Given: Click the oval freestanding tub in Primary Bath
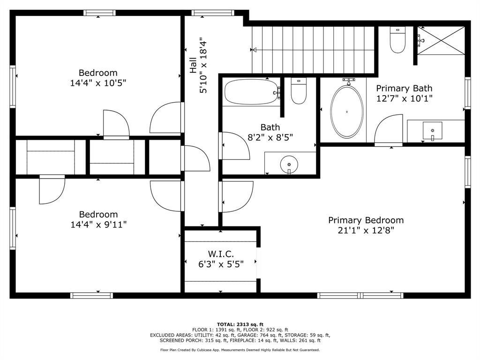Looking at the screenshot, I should (347, 112).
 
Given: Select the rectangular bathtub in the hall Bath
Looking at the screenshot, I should (251, 92).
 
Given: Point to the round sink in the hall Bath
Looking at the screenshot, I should (289, 165).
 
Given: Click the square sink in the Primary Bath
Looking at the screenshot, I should (432, 130).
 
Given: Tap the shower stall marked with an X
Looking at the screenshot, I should (441, 40).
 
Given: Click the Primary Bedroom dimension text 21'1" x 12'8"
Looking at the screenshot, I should (366, 231).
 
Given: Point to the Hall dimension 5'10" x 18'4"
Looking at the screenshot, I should (203, 66).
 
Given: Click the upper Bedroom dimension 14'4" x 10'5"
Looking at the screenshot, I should (98, 83).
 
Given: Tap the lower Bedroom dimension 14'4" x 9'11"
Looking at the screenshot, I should (98, 225).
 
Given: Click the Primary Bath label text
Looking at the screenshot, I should (404, 88).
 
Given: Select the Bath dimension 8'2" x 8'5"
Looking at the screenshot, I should (270, 137).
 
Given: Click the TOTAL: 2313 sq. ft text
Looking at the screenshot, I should (240, 324).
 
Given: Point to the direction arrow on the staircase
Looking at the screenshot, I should (255, 50).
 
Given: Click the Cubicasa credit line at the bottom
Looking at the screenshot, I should (240, 350).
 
